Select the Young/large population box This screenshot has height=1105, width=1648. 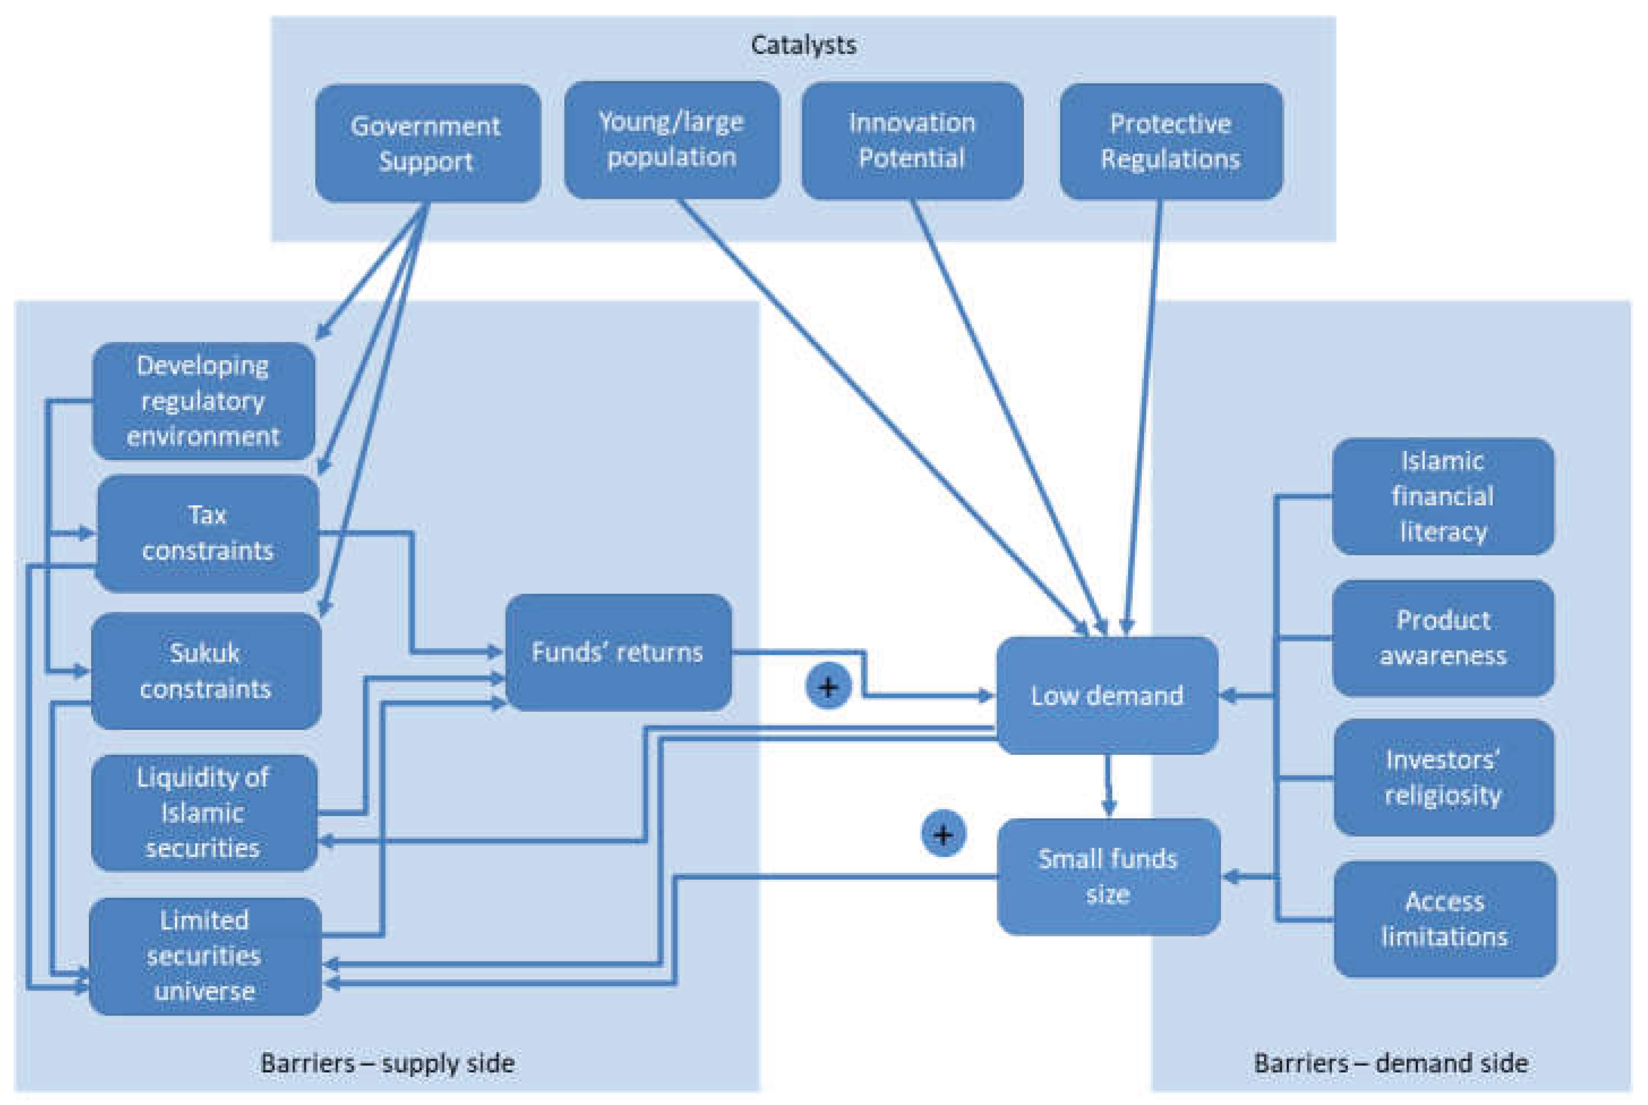pos(672,139)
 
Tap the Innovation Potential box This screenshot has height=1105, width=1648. pos(912,141)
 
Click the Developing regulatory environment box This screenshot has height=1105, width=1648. pos(203,401)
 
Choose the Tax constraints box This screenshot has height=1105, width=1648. pos(207,534)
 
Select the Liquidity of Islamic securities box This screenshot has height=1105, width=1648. pos(204,813)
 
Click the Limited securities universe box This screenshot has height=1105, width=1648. pos(204,956)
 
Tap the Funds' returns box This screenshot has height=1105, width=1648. pos(618,652)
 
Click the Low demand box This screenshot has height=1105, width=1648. pos(1106,696)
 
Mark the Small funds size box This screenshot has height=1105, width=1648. pos(1108,877)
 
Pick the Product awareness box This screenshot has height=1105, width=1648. pos(1442,638)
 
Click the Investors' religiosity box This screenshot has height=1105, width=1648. pos(1443,777)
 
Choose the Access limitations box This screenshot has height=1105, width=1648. pos(1444,919)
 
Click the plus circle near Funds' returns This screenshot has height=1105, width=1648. pos(828,686)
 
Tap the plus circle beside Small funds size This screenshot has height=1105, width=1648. pos(943,834)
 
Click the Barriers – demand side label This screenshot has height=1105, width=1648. pos(1391,1063)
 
